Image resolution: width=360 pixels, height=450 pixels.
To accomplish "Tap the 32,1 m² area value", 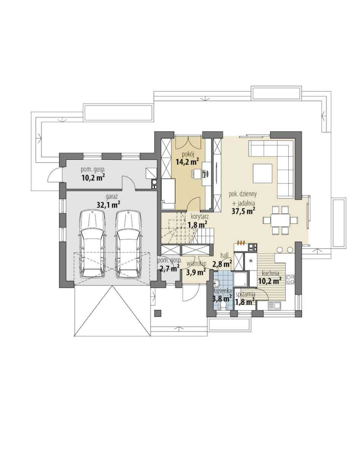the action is point(108,204).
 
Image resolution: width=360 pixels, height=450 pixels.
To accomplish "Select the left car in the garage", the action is point(92,244).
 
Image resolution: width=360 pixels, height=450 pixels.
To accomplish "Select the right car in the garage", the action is point(128,244).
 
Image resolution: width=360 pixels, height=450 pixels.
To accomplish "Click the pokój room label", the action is point(188,155).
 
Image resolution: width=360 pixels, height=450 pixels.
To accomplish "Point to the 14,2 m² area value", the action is point(187,161).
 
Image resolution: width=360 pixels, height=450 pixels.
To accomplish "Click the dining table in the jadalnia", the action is point(280,220).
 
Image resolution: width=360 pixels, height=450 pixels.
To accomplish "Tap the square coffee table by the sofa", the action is point(262,173).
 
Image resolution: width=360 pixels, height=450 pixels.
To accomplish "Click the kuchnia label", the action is point(270,273).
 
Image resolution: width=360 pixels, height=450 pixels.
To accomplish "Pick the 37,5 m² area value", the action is point(243,211).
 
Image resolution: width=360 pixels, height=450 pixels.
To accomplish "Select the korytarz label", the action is point(200,217).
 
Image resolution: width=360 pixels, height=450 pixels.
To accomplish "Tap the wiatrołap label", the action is point(196,263).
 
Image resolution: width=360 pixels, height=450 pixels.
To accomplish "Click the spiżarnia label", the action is point(245,294).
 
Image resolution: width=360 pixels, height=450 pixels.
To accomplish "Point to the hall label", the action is point(225,255).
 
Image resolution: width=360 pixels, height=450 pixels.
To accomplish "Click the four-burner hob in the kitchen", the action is point(290,279).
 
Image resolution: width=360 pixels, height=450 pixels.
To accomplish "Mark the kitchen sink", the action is point(275,305).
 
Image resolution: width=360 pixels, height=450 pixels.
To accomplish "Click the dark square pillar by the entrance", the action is point(157,313).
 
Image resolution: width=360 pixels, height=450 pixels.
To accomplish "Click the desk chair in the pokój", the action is point(196,173).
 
